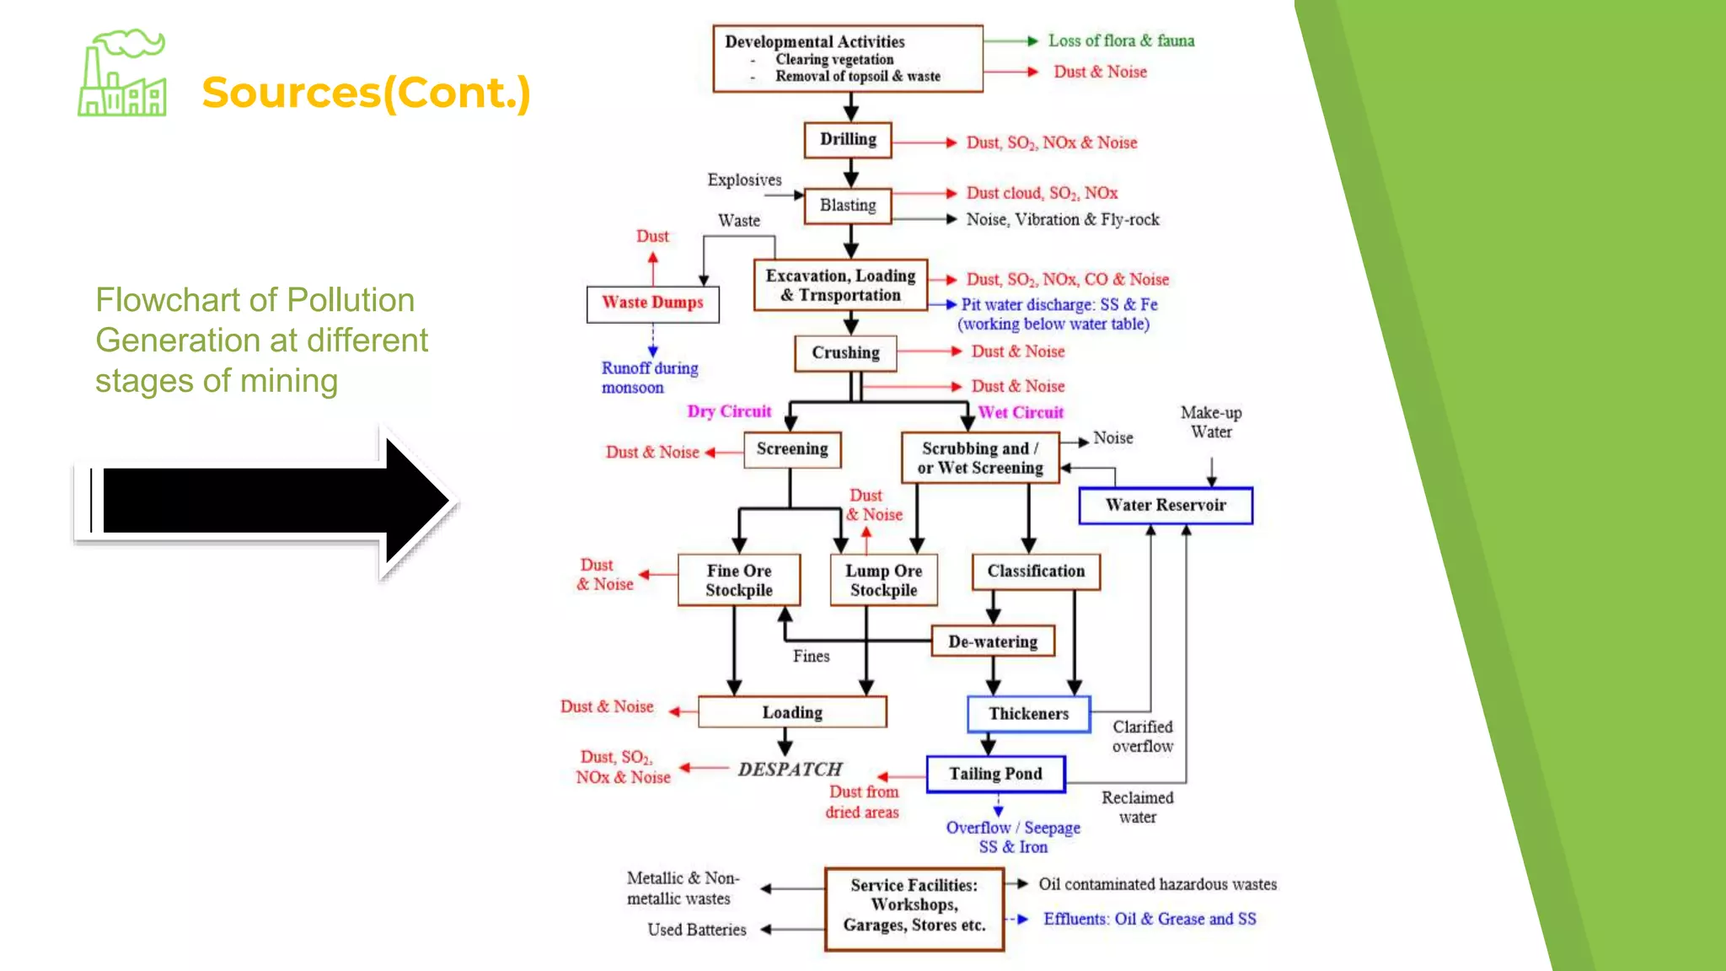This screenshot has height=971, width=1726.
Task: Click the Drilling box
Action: coord(848,140)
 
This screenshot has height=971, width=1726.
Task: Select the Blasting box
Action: coord(848,206)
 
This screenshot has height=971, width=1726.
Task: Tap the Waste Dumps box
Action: coord(652,303)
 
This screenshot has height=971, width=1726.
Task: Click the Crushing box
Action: coord(845,353)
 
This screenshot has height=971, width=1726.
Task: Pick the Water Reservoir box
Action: coord(1166,506)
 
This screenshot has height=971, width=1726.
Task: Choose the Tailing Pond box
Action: coord(995,774)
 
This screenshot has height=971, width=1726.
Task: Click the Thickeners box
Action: coord(1028,714)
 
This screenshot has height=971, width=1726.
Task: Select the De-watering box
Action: coord(993,641)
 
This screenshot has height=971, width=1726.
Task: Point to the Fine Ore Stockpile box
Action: coord(739,580)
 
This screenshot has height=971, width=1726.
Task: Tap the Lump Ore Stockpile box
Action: coord(883,580)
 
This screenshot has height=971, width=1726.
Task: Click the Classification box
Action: coord(1036,571)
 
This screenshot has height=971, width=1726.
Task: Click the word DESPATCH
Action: coord(790,770)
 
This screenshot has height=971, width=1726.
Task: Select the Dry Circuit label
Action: coord(729,411)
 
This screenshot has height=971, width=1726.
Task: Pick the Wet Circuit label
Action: coord(1021,412)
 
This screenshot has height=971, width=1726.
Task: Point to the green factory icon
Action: coord(122,76)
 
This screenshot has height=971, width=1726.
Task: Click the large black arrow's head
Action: coord(417,502)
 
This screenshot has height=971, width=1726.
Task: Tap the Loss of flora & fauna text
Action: coord(1121,40)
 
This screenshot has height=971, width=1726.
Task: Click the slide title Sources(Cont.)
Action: coord(366,93)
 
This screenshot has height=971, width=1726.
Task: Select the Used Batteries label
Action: coord(697,930)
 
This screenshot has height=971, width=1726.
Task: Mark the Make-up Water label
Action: coord(1211,422)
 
